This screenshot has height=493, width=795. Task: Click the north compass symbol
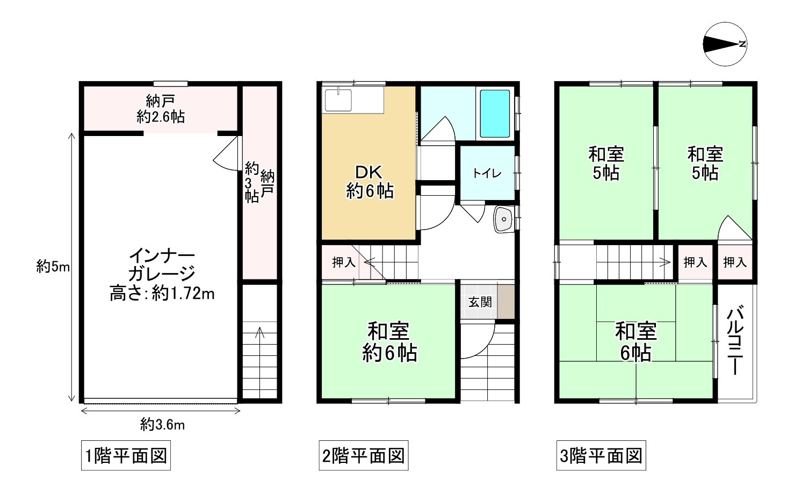point(725,45)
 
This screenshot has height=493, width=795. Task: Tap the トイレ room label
point(487,173)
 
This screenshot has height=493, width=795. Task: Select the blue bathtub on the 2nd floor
point(494,113)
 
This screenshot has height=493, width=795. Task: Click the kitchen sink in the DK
point(338,100)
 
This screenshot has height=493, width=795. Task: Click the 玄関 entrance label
point(479,302)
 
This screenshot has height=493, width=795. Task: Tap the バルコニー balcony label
point(735,340)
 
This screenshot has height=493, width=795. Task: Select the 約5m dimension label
point(53,266)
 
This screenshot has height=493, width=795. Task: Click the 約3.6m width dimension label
point(162,425)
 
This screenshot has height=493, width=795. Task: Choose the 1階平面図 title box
point(126,456)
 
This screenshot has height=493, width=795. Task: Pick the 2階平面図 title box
point(363,456)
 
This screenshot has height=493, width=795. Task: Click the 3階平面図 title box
point(601,456)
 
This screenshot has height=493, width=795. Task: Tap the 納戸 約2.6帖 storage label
point(161,109)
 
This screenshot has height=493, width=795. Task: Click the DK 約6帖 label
point(369,182)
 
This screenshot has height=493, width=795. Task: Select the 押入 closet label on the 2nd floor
point(343,262)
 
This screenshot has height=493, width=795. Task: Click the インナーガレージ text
point(162,265)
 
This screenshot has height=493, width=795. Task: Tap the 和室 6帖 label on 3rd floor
point(635,342)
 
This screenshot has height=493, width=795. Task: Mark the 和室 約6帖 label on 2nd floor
point(389,342)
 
